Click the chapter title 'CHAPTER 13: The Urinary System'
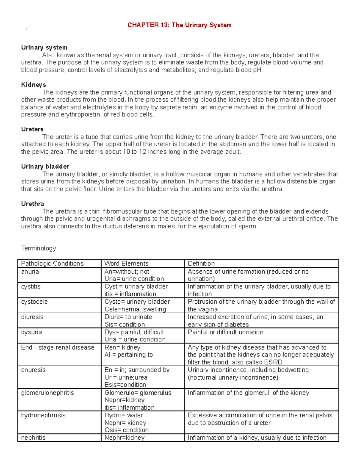(179, 25)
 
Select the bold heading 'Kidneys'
(33, 85)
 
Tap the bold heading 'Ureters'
(32, 129)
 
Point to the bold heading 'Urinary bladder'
(45, 167)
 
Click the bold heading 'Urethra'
(32, 204)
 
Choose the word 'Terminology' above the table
(38, 248)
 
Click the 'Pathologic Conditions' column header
(52, 263)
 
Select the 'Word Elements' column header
(126, 263)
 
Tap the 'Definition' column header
(201, 263)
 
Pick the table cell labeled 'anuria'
(30, 272)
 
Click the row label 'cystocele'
(34, 302)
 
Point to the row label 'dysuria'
(31, 332)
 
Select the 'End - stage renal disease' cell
(58, 347)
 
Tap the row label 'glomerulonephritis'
(47, 393)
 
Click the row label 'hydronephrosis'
(43, 415)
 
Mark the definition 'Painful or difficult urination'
(225, 332)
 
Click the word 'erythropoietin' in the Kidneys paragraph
(80, 115)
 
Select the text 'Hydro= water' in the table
(124, 415)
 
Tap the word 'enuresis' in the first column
(33, 370)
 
